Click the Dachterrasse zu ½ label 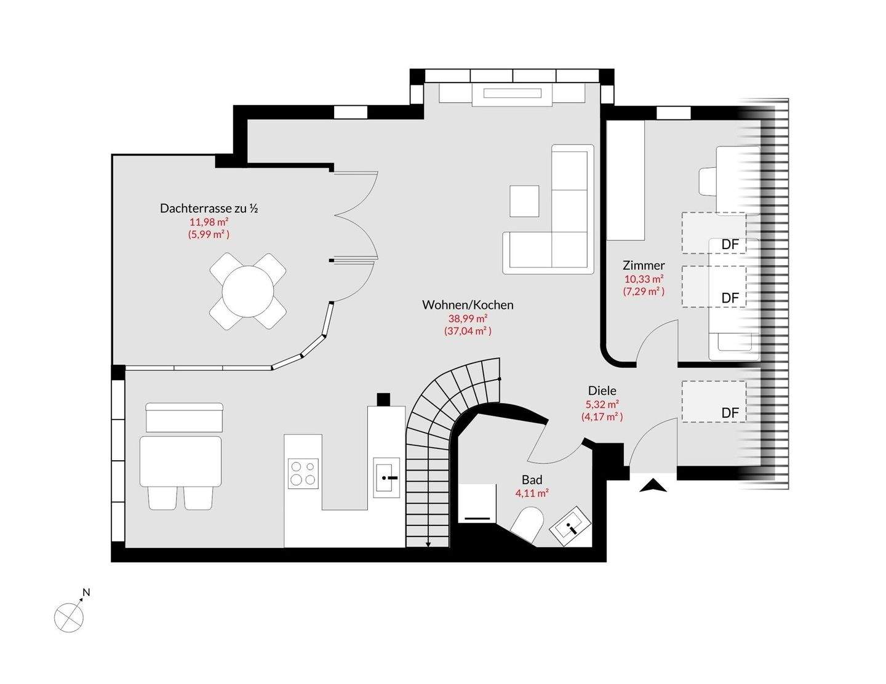[209, 208]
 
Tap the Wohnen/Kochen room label [468, 304]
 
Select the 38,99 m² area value [468, 318]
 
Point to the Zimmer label [644, 265]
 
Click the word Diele [602, 391]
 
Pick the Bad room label [532, 480]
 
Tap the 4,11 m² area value [532, 493]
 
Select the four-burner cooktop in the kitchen [303, 474]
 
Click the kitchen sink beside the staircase [387, 477]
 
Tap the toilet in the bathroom [528, 524]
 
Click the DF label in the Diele [730, 413]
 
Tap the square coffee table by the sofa [524, 201]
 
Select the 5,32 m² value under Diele [602, 404]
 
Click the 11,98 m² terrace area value [209, 221]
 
